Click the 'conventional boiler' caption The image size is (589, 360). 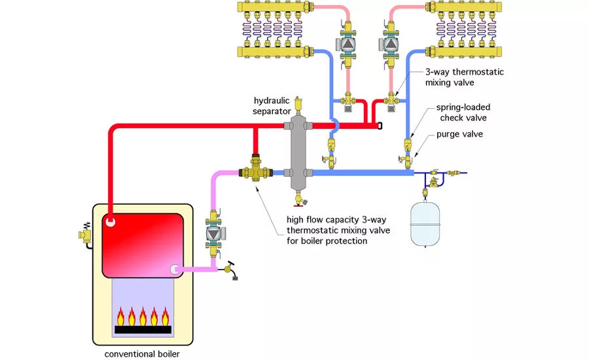click(x=142, y=354)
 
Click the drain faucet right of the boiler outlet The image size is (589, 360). click(x=230, y=268)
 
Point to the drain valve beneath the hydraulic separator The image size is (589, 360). click(x=301, y=198)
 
